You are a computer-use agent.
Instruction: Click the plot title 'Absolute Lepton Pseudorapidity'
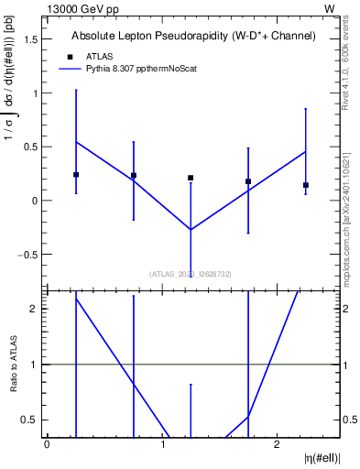tap(193, 37)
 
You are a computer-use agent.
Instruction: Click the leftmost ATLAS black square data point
tap(76, 174)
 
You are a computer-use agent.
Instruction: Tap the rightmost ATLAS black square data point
tap(306, 185)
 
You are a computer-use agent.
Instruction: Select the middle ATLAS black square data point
tap(191, 178)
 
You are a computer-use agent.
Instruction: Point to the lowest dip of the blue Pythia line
tap(191, 229)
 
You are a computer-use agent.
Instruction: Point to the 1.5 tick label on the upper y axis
tap(32, 39)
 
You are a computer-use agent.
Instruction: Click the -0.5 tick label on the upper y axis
tap(30, 254)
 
